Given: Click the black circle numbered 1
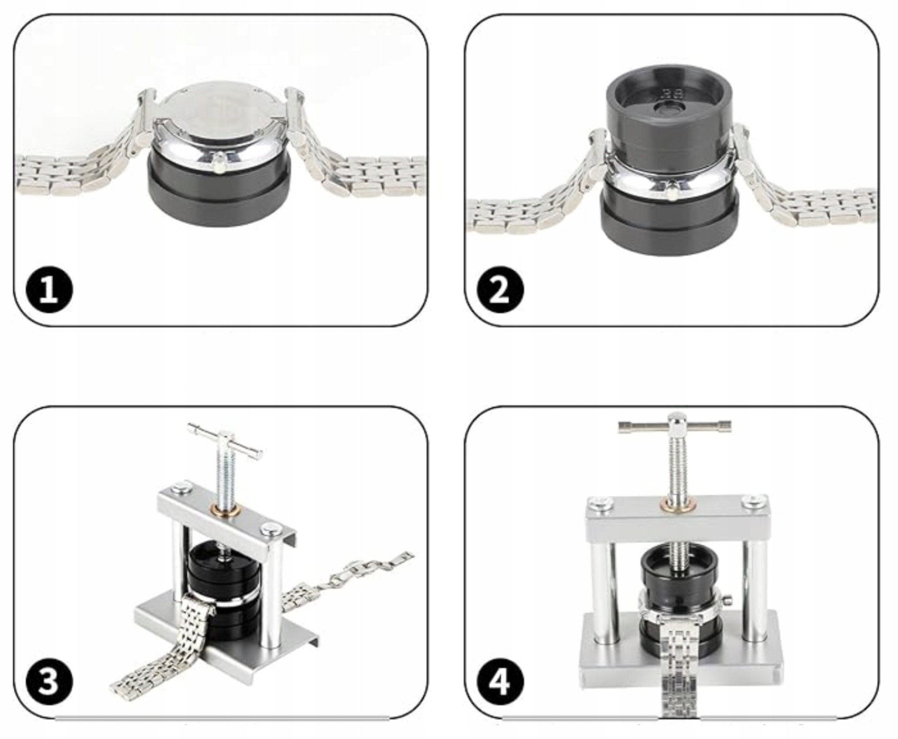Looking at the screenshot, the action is (x=49, y=290).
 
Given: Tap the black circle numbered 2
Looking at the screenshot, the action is (x=500, y=290).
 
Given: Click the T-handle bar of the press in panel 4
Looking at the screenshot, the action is (x=674, y=426).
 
